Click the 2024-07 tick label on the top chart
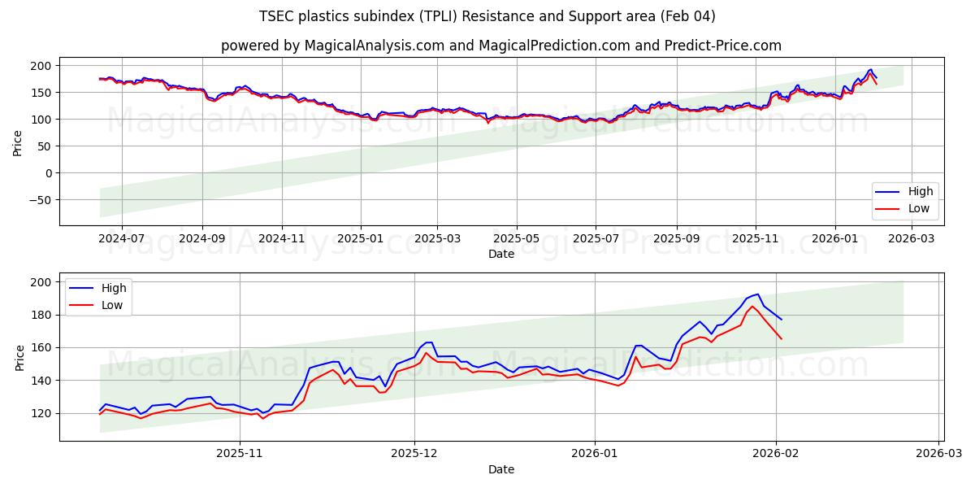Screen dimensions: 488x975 pos(121,238)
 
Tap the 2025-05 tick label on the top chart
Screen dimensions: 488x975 pos(517,238)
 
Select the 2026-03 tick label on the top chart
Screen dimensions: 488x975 pos(912,238)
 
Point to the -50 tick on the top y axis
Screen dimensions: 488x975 pos(41,200)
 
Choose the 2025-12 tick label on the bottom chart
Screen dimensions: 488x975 pos(414,454)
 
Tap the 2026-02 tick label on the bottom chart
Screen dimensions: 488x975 pos(776,454)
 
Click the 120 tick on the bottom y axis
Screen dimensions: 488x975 pos(44,413)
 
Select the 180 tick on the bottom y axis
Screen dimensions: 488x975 pos(44,315)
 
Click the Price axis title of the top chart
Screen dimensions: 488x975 pos(18,142)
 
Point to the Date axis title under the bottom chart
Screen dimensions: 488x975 pos(501,469)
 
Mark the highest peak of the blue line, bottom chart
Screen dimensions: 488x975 pos(757,294)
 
